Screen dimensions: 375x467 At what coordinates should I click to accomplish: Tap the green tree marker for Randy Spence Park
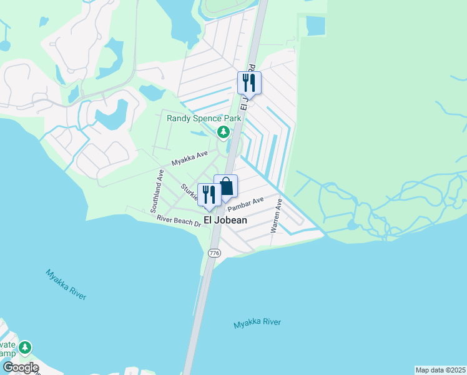coord(223,131)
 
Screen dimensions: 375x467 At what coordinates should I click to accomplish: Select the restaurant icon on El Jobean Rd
coord(249,82)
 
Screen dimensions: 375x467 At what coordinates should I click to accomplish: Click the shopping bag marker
coord(226,187)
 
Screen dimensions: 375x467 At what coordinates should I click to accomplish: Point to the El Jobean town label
coord(222,220)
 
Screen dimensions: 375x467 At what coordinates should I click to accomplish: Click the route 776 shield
coord(214,252)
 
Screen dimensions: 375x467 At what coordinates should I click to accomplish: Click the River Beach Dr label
coord(179,221)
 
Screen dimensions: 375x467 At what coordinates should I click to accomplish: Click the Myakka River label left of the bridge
coord(65,284)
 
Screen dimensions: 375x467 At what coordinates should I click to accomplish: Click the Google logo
coord(20,367)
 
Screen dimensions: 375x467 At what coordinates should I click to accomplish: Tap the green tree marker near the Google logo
coord(25,347)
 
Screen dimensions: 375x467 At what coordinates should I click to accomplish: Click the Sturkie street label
coord(189,192)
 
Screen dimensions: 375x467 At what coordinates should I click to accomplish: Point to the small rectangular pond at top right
coord(316,26)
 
